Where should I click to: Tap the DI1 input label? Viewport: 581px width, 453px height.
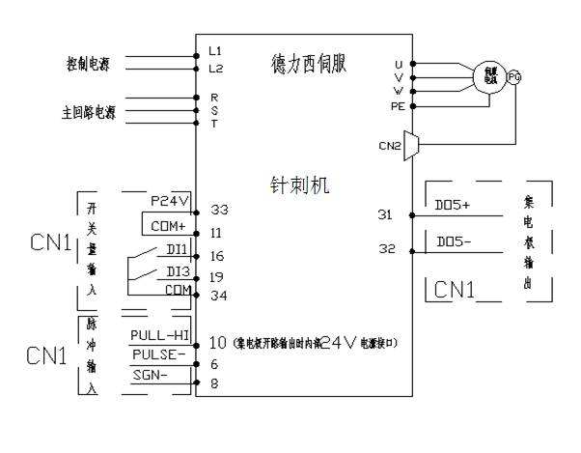pos(177,249)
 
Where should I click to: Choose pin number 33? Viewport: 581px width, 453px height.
pos(219,210)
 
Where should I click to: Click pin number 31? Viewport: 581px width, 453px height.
pos(385,214)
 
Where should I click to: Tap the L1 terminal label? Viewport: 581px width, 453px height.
pos(215,49)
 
